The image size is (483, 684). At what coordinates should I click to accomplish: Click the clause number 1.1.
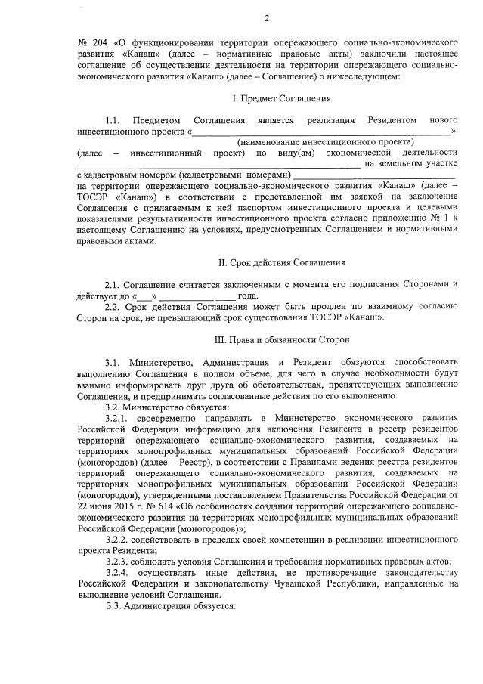pos(113,120)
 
